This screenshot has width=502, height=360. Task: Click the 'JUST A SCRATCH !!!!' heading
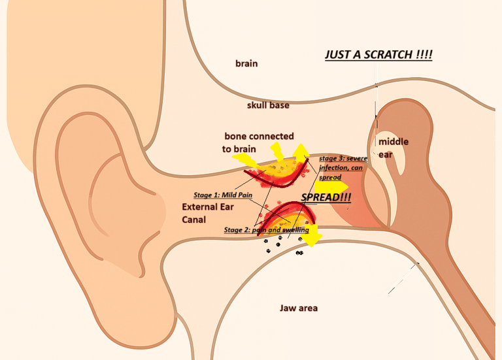click(378, 55)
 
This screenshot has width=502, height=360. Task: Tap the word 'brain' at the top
click(246, 63)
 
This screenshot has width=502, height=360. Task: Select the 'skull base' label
click(268, 105)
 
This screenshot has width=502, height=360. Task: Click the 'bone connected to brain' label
click(249, 142)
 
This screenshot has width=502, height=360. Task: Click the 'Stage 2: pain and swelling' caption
click(266, 230)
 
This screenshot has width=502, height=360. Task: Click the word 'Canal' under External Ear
click(193, 220)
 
